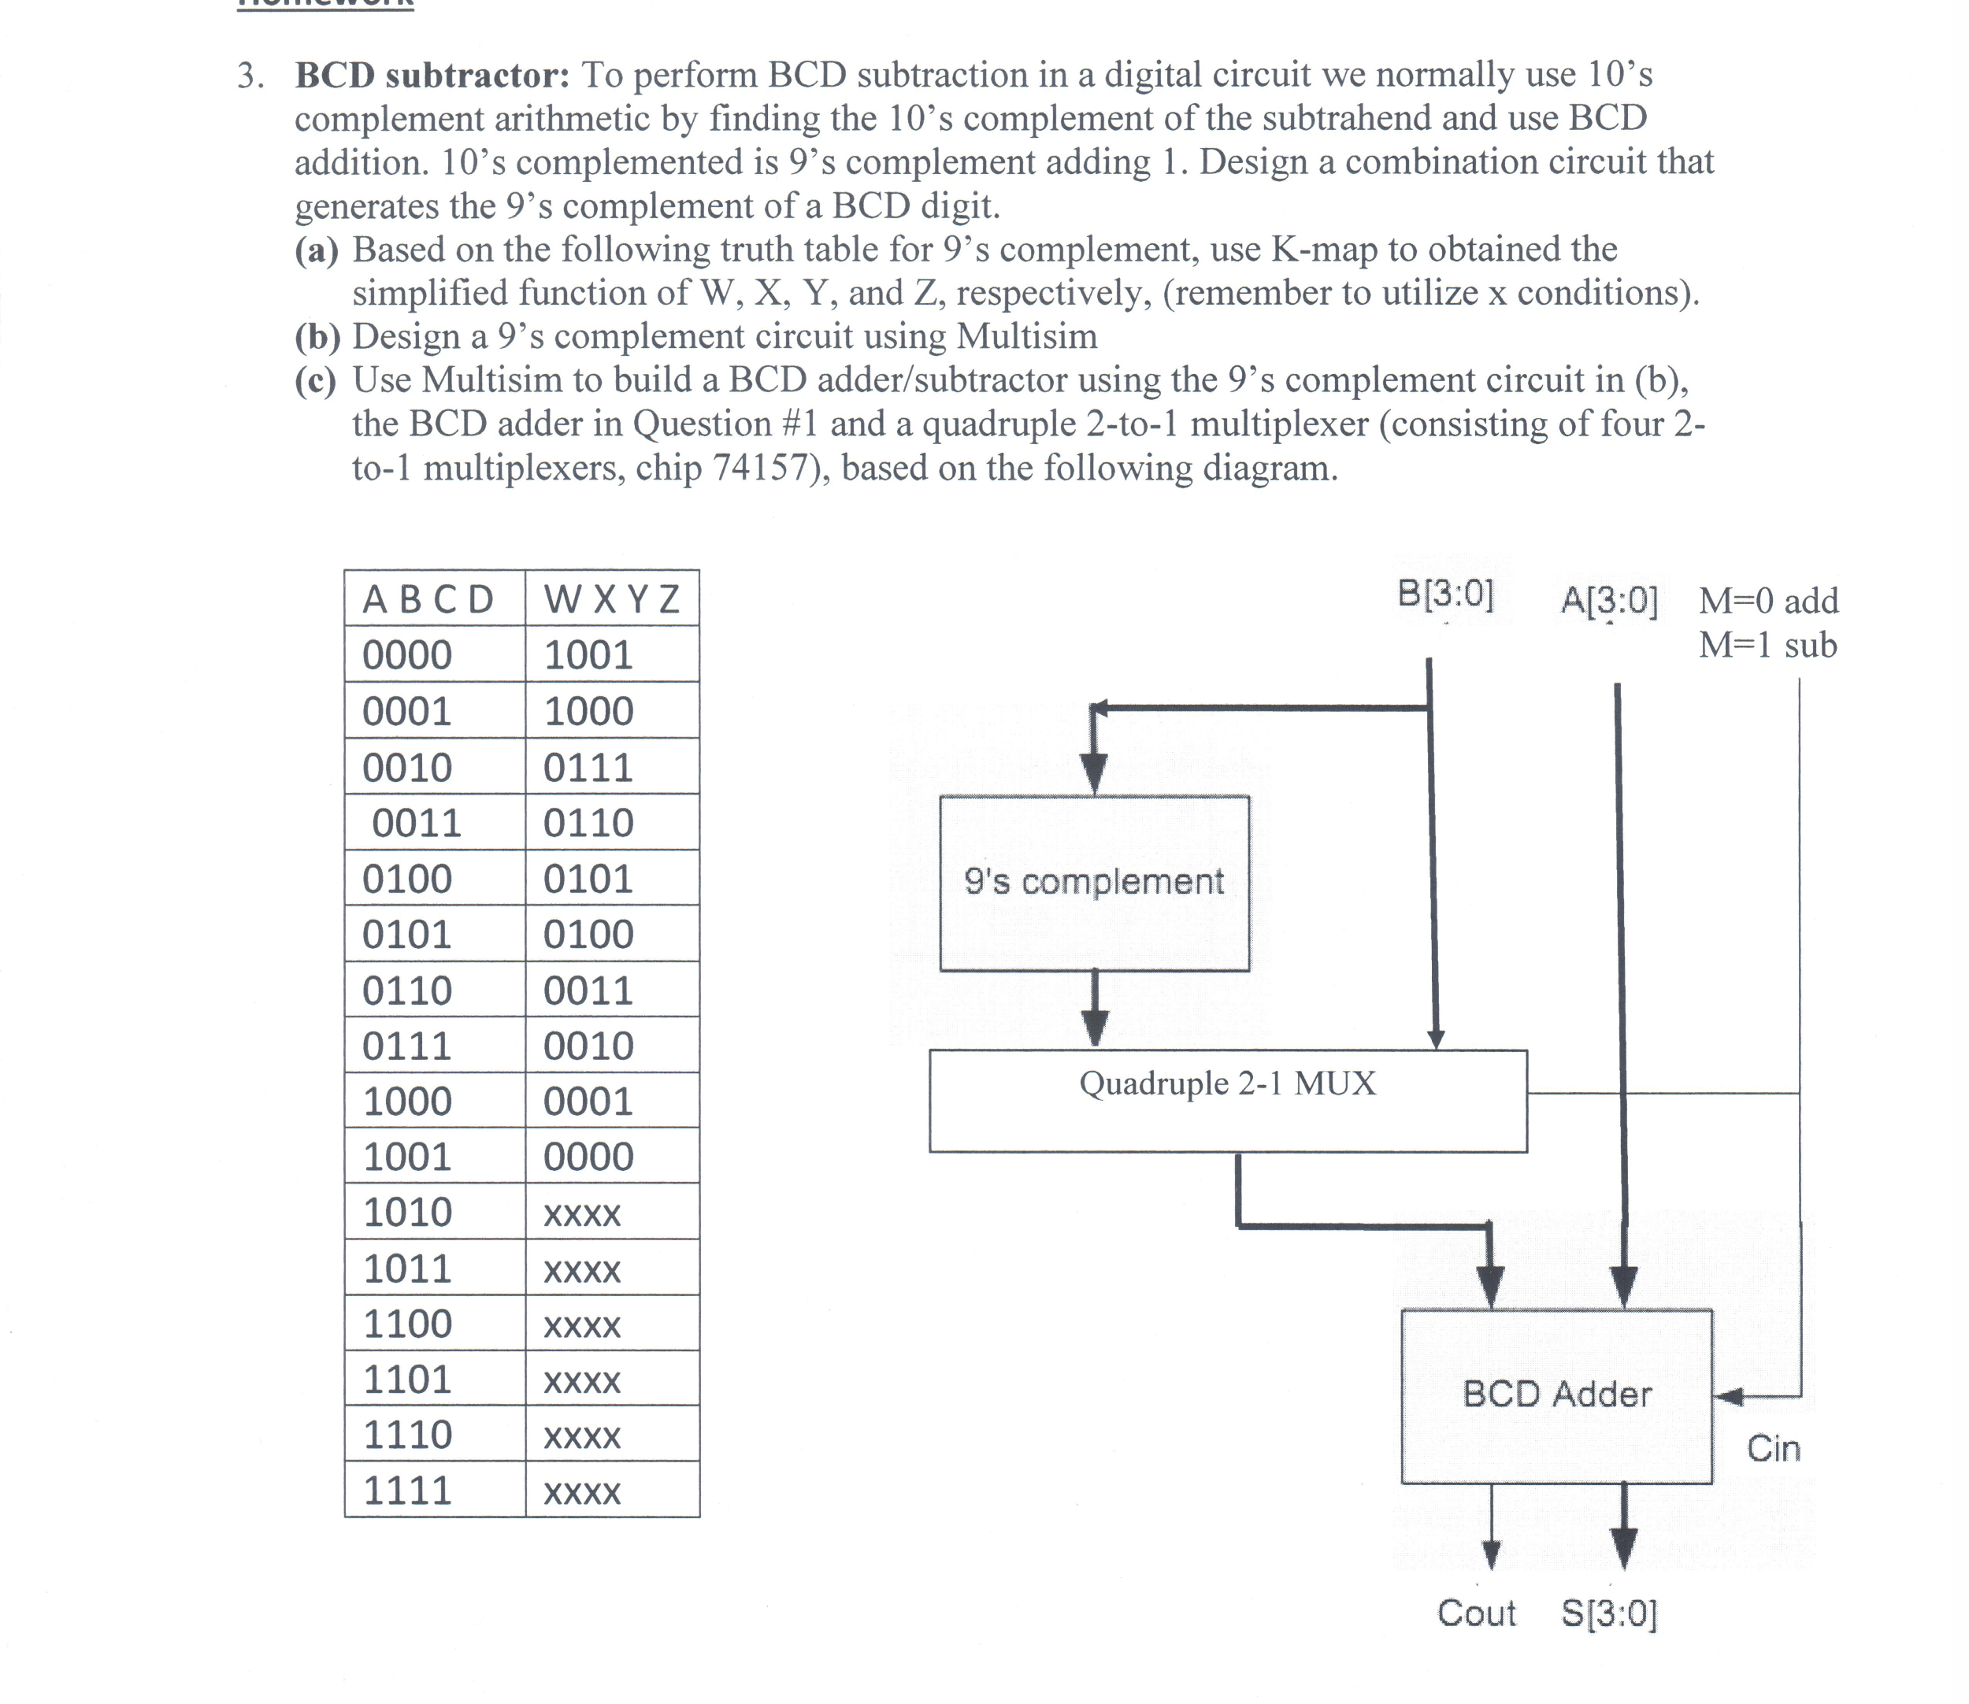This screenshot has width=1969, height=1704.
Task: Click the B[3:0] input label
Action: [x=1446, y=594]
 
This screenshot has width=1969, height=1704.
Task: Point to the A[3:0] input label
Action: [x=1609, y=600]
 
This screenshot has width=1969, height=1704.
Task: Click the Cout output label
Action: [x=1476, y=1613]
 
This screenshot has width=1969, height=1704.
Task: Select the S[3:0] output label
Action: [x=1609, y=1613]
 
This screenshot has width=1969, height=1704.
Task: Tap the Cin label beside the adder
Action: [x=1774, y=1448]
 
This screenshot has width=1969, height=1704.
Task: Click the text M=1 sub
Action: [x=1768, y=645]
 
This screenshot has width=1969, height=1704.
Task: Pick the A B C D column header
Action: [x=428, y=600]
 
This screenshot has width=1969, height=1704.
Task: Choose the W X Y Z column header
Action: [x=612, y=599]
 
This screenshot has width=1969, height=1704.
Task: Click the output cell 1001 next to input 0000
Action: [x=588, y=655]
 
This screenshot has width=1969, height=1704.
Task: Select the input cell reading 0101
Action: [x=407, y=935]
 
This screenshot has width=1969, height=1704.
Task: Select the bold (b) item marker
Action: [x=317, y=336]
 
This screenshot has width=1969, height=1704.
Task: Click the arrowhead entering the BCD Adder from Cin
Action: [x=1727, y=1397]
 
